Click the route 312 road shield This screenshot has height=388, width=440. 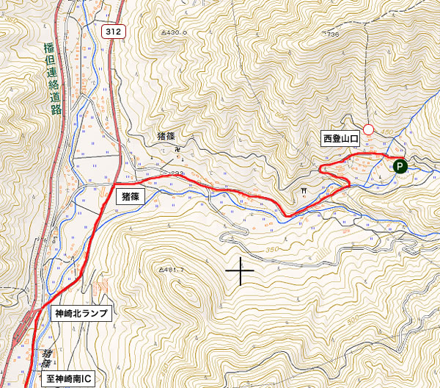tap(112, 31)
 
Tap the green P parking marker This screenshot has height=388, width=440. tap(400, 166)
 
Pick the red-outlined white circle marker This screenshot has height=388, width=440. tap(369, 130)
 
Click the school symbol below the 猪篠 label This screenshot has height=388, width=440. tap(177, 149)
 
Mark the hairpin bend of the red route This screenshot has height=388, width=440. tap(322, 169)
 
